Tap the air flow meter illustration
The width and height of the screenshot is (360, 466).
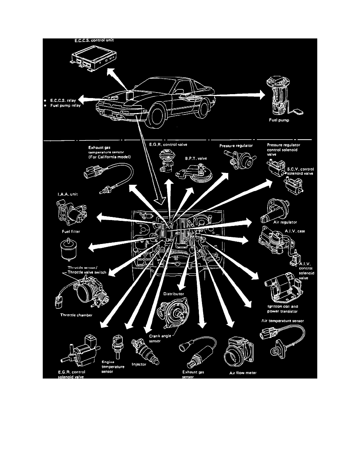(x=238, y=352)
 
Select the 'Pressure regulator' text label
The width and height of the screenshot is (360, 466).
(x=236, y=146)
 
